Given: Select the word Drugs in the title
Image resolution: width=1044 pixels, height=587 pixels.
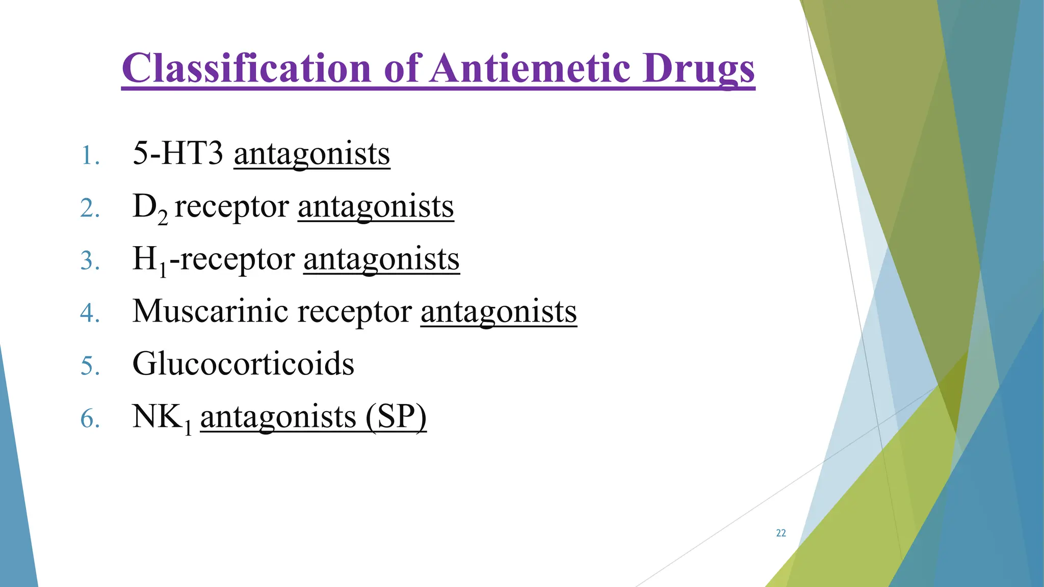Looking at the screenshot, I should (698, 69).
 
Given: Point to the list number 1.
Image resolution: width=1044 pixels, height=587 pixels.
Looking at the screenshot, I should (90, 155).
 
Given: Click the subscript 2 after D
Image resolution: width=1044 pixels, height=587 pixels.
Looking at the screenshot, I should (162, 219).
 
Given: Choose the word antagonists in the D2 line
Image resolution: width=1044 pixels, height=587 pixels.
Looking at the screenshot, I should (376, 206).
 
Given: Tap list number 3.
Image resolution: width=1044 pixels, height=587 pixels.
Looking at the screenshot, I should (90, 261).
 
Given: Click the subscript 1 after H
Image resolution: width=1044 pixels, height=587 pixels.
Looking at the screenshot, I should (163, 271).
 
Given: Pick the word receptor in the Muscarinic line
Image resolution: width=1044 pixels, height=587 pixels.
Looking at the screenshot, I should (354, 311).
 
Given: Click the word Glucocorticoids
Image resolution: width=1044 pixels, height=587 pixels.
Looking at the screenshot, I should (243, 364).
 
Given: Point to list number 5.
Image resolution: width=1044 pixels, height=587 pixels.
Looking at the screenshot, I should (90, 366).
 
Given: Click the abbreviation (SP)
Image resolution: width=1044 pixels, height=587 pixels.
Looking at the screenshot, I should (396, 417).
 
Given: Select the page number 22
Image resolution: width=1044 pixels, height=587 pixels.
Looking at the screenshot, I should (780, 533).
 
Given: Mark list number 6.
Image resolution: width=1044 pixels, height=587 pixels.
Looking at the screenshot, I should (90, 419).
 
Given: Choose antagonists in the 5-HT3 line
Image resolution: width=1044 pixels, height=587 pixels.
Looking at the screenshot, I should (312, 154).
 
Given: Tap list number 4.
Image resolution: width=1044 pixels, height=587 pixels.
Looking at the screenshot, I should (90, 313).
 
